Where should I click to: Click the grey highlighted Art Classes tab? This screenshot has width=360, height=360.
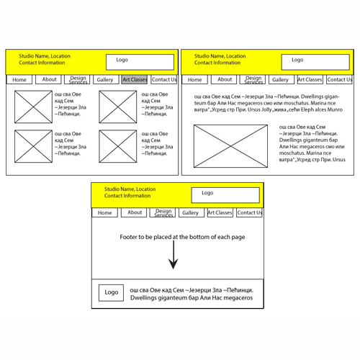pyautogui.click(x=135, y=79)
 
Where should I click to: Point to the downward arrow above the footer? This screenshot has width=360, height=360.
pyautogui.click(x=174, y=255)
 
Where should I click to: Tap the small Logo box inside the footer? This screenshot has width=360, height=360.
pyautogui.click(x=111, y=293)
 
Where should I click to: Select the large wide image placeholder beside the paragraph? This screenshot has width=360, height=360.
pyautogui.click(x=230, y=146)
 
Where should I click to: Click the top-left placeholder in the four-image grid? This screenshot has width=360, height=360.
pyautogui.click(x=33, y=107)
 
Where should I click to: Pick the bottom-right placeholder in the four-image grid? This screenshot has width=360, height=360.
pyautogui.click(x=118, y=146)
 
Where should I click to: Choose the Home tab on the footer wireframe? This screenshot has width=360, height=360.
pyautogui.click(x=104, y=212)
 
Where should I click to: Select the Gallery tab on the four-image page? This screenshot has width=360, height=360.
pyautogui.click(x=106, y=79)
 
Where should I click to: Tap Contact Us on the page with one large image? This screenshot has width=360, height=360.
pyautogui.click(x=339, y=79)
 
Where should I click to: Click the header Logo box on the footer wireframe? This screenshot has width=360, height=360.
pyautogui.click(x=225, y=195)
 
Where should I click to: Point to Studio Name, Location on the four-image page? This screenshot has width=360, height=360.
pyautogui.click(x=45, y=56)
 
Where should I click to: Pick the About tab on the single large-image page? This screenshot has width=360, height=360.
pyautogui.click(x=224, y=79)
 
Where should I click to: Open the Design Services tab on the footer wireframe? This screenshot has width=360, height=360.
pyautogui.click(x=163, y=212)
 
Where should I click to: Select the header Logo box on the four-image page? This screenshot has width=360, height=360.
pyautogui.click(x=140, y=62)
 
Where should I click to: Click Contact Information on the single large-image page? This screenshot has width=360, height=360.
pyautogui.click(x=217, y=63)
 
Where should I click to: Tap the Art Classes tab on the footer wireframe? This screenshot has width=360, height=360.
pyautogui.click(x=220, y=212)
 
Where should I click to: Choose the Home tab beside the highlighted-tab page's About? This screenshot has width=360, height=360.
pyautogui.click(x=19, y=79)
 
